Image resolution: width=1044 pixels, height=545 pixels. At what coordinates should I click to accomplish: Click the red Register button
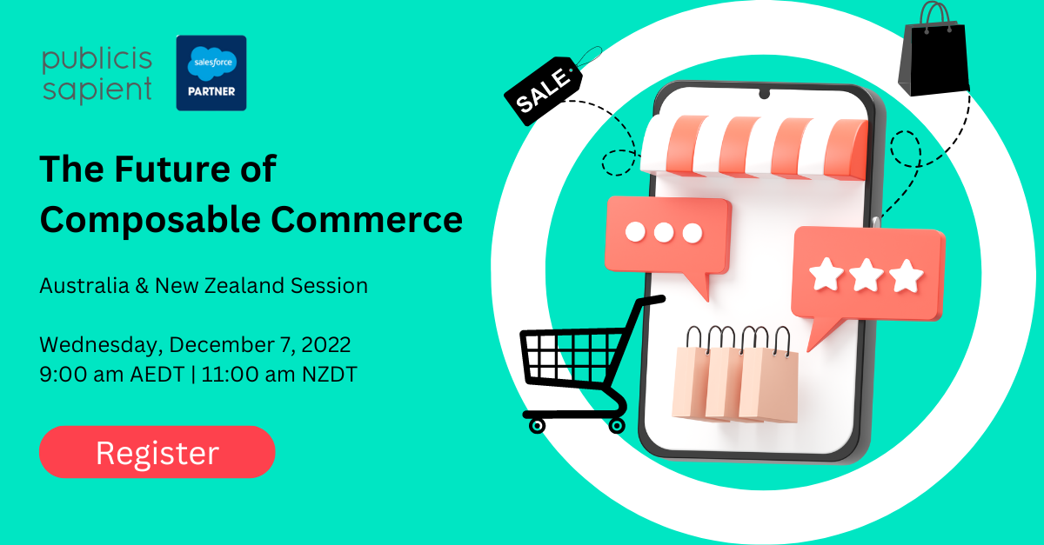157,452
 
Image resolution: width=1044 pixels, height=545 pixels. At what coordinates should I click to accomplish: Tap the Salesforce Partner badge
211,73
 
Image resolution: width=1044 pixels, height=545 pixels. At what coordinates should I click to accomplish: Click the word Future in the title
178,169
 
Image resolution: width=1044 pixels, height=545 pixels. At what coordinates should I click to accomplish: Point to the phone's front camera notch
764,93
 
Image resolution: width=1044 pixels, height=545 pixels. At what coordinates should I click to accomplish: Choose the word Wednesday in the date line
98,344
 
